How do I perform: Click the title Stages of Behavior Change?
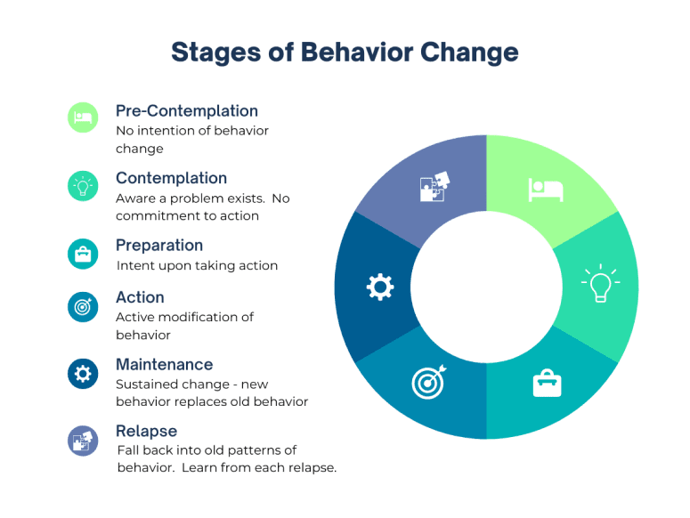click(x=345, y=53)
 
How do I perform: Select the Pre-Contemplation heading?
click(x=187, y=111)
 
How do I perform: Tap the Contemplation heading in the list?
click(x=171, y=178)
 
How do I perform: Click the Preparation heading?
click(x=159, y=246)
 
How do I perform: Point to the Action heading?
click(x=140, y=297)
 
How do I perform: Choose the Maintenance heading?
click(x=164, y=365)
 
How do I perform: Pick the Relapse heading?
click(x=147, y=431)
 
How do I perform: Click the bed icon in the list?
click(x=83, y=117)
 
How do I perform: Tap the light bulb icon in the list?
click(x=83, y=186)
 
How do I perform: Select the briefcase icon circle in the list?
click(x=83, y=254)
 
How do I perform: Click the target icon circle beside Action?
click(x=83, y=307)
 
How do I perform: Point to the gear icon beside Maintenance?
click(x=83, y=374)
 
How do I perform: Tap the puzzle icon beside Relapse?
click(x=83, y=441)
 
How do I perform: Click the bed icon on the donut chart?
click(x=546, y=190)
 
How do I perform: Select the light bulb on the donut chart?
click(x=601, y=283)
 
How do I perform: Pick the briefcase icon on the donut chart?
click(x=547, y=383)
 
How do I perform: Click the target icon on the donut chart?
click(x=428, y=382)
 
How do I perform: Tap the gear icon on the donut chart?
click(x=380, y=287)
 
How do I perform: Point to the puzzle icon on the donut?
click(x=434, y=186)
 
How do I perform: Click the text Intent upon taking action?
click(x=197, y=265)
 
